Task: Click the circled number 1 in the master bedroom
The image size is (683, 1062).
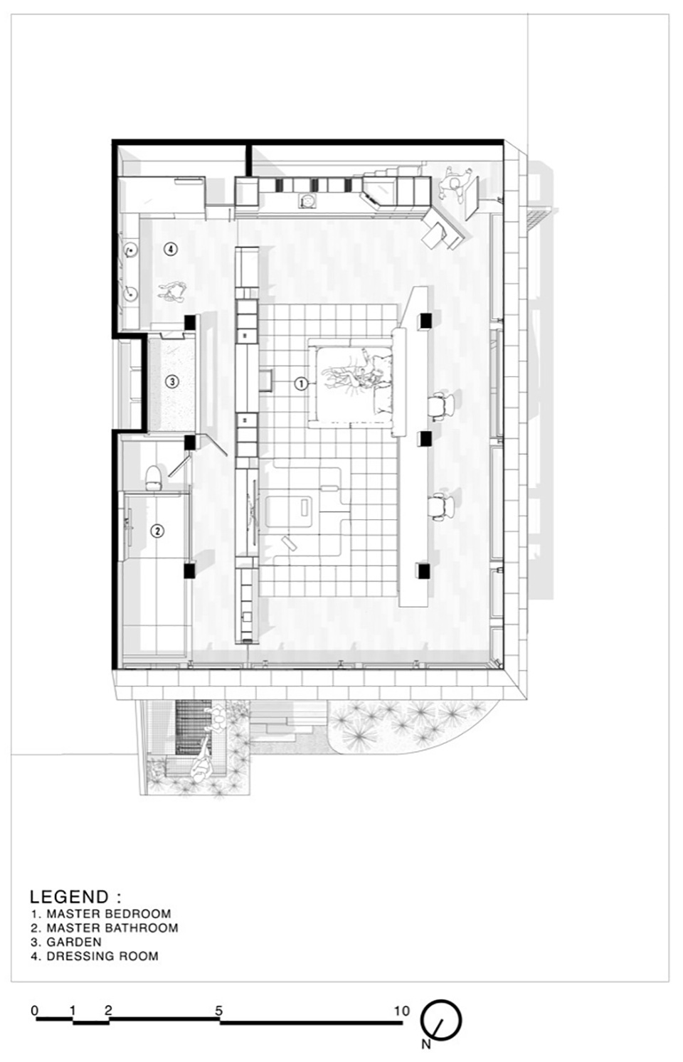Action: point(301,383)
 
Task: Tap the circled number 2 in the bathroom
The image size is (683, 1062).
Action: point(157,531)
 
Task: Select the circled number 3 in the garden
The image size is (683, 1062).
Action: point(172,381)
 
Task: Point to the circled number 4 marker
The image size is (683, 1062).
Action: point(171,248)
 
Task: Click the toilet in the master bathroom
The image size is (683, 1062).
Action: point(153,477)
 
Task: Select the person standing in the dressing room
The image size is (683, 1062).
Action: point(173,291)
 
